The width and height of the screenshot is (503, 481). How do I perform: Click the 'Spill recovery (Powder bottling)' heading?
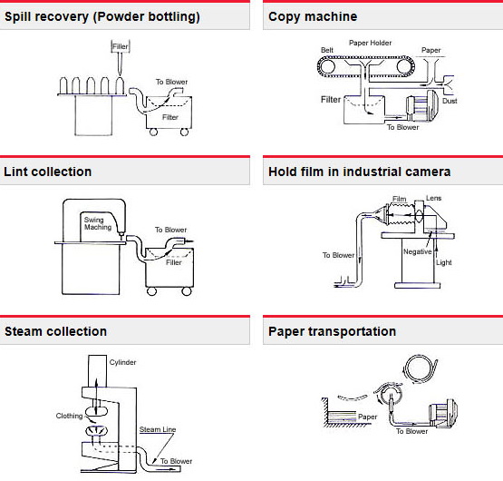[x=102, y=16]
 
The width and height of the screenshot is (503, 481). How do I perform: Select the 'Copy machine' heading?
[x=313, y=16]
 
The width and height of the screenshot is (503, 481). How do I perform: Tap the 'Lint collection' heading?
[x=48, y=172]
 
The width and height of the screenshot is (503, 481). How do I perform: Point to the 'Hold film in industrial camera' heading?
[x=360, y=172]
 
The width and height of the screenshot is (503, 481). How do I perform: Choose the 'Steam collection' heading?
[x=56, y=331]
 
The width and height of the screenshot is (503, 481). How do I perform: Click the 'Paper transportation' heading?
[x=333, y=331]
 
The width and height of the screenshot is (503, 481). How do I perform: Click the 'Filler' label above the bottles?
[x=121, y=46]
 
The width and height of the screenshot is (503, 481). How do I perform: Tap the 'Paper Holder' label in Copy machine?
[x=370, y=43]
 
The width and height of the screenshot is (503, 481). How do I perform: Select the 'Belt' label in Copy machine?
[x=327, y=50]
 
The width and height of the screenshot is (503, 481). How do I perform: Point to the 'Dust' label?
[x=450, y=101]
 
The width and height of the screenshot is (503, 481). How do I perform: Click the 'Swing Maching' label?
[x=98, y=223]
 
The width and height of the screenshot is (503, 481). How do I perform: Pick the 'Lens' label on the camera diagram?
[x=434, y=198]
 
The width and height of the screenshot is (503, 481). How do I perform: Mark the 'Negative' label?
[x=417, y=251]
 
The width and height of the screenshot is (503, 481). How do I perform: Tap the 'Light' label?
[x=444, y=262]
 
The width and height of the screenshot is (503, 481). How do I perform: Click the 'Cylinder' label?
[x=122, y=362]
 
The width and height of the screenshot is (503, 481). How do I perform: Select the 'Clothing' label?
[x=69, y=416]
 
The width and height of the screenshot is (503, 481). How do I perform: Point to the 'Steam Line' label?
[x=158, y=429]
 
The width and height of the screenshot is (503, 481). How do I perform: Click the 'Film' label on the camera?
[x=400, y=199]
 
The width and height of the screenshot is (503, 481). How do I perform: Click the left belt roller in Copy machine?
[x=326, y=67]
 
